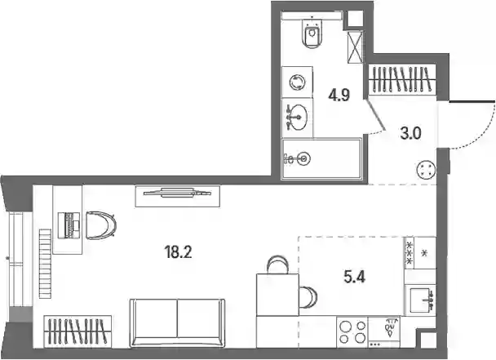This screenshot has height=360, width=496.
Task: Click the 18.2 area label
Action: pos(178,252)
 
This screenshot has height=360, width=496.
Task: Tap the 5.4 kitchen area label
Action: pos(354,278)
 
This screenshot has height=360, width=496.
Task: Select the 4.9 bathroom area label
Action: pos(339,95)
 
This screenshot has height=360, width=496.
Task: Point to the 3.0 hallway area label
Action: pos(410,134)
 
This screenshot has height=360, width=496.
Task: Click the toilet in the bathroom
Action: pos(312,33)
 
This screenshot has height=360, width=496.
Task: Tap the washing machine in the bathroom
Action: pos(297,82)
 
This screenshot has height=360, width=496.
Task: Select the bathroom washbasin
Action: pos(298,118)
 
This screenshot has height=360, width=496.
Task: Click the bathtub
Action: pos(321,159)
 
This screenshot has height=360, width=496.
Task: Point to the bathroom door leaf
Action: pos(376,115)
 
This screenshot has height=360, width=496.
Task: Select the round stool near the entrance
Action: pos(427,170)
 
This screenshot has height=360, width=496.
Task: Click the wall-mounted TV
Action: pos(178,193)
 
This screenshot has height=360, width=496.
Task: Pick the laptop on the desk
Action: pos(69,225)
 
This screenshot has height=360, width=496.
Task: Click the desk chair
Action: pos(101,225)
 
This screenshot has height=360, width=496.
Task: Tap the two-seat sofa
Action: pos(177,322)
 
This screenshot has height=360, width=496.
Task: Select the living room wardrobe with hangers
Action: pos(77,331)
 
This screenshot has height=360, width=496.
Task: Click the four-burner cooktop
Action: pos(352,331)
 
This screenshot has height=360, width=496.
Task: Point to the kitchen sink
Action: pos(420,300)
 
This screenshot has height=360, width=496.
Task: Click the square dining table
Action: pos(277,295)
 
